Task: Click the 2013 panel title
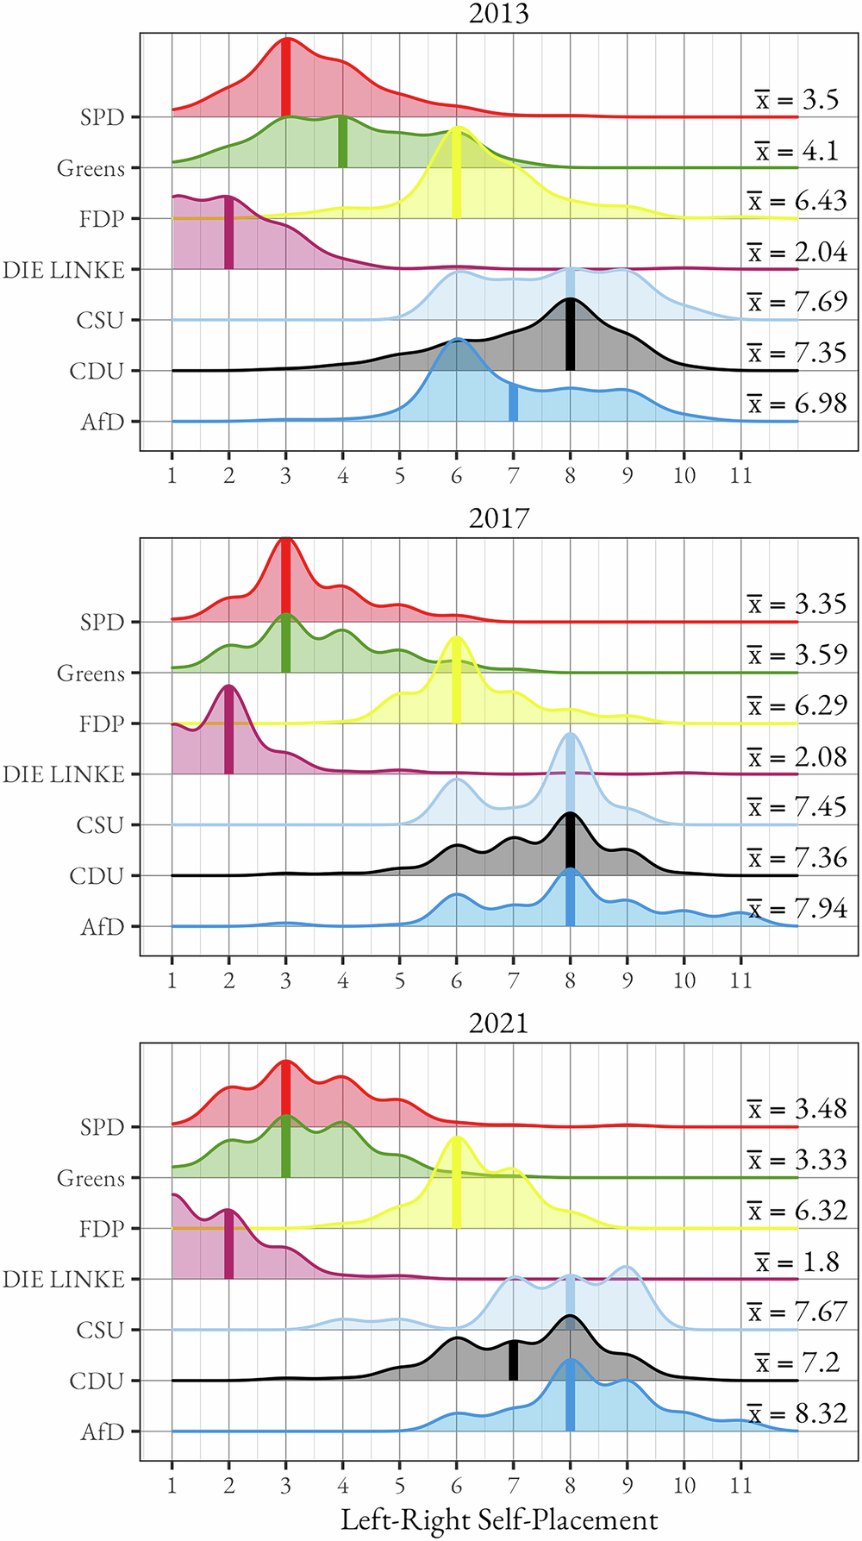pos(498,14)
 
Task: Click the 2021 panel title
pos(498,1024)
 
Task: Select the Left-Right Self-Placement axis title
pos(499,1519)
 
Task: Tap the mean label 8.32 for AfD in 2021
pos(797,1414)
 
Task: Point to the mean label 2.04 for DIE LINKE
pos(797,252)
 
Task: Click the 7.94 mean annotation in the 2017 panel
pos(797,909)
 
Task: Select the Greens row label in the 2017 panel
pos(91,673)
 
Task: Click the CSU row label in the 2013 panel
pos(100,321)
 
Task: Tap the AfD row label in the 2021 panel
pos(103,1432)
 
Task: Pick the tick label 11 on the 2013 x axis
pos(740,476)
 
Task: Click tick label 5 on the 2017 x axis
pos(399,981)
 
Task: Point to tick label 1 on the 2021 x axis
pos(172,1486)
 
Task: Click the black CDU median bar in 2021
pos(513,1361)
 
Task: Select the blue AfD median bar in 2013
pos(513,404)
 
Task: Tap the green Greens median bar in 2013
pos(342,142)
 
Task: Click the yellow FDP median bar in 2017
pos(456,681)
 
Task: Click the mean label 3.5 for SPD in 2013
pos(797,100)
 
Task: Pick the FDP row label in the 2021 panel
pos(102,1229)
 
